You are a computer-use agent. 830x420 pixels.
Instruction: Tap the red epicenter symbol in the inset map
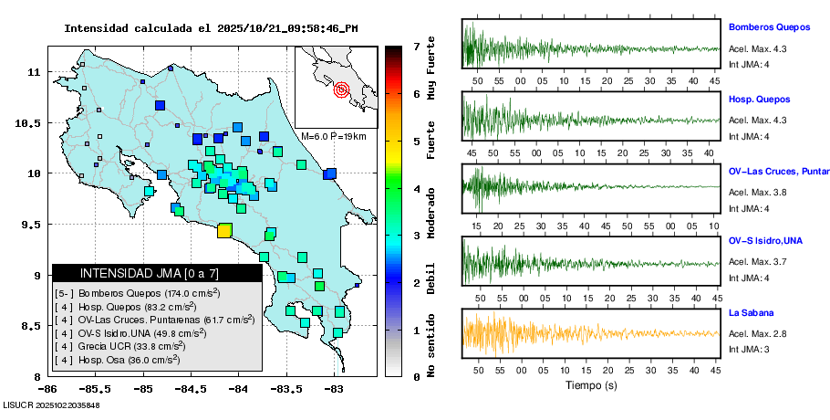click(342, 89)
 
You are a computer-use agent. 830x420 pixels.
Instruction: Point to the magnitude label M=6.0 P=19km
click(333, 136)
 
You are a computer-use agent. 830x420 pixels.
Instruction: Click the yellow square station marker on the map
click(223, 230)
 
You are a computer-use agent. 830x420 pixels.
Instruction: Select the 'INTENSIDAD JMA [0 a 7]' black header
click(157, 273)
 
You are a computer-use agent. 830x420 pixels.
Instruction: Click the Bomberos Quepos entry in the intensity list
click(138, 294)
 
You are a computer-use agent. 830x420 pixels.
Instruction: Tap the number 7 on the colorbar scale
click(416, 46)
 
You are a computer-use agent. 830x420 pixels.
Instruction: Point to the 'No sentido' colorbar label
click(432, 345)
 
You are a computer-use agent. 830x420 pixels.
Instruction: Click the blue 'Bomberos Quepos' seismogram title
click(764, 28)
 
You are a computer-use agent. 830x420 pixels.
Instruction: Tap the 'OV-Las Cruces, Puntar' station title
click(778, 171)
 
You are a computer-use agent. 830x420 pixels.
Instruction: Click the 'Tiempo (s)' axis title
click(591, 385)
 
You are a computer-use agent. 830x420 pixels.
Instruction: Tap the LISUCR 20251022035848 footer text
click(51, 404)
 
